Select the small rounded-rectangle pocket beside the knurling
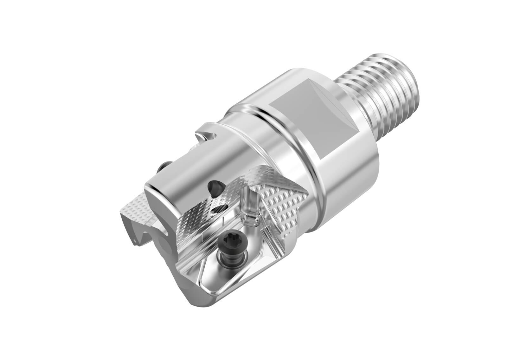250,219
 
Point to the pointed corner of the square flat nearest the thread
360,130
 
